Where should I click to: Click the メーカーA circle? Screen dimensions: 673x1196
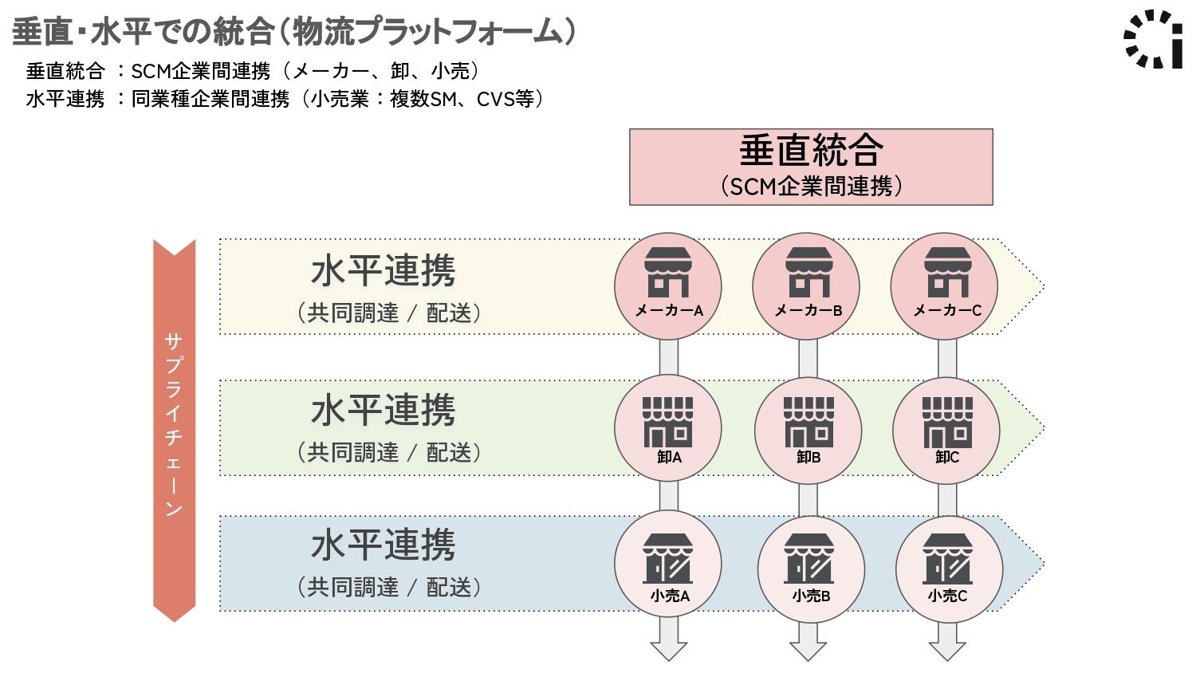pos(668,286)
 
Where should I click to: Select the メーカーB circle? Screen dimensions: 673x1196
pos(806,286)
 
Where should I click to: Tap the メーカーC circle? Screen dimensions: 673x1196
pos(944,286)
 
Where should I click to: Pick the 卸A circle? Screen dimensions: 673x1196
pos(668,428)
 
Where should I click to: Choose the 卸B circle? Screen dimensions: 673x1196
pos(808,428)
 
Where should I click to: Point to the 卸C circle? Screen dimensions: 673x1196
pos(946,428)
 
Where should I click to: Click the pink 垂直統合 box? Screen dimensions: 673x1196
pos(811,167)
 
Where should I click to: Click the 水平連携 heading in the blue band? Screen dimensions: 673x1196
pos(384,545)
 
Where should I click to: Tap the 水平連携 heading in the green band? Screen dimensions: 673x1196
pos(384,411)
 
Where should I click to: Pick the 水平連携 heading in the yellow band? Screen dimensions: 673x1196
pos(384,271)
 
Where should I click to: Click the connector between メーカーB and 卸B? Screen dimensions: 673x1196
pos(808,358)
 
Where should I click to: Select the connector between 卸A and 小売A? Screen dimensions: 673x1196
pos(668,497)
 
